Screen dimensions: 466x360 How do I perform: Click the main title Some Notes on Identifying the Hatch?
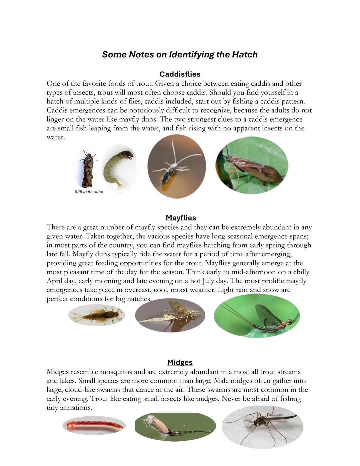[x=180, y=54]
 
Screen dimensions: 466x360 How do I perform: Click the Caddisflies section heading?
[x=180, y=74]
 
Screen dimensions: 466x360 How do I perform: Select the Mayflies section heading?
[x=181, y=218]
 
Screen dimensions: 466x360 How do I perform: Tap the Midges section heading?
[x=180, y=362]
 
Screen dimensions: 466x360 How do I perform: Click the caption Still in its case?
[x=89, y=191]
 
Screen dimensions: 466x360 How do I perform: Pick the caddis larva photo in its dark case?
[x=87, y=168]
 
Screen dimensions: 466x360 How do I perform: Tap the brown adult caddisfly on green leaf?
[x=252, y=165]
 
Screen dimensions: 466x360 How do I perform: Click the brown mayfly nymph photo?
[x=96, y=315]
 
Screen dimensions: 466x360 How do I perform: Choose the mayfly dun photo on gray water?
[x=170, y=316]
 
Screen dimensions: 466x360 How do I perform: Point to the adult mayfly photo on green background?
[x=257, y=316]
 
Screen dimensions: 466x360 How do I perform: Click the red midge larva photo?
[x=94, y=425]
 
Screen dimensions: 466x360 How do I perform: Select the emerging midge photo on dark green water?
[x=175, y=427]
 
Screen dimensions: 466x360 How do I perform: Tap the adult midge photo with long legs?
[x=262, y=427]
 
